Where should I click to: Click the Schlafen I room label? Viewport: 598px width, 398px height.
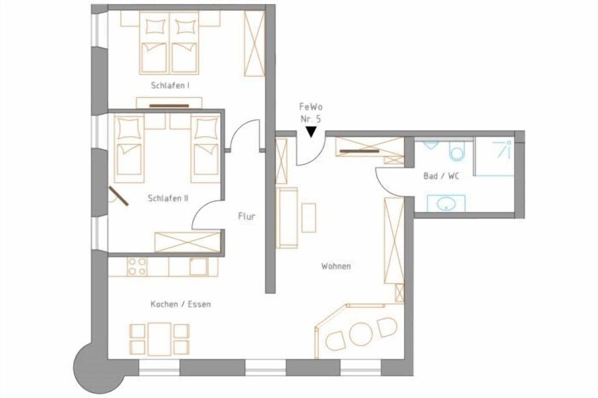pos(169,85)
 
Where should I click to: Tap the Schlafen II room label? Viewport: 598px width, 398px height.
pos(168,198)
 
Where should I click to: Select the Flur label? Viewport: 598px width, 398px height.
pos(247,216)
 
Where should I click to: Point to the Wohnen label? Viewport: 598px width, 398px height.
pos(336,266)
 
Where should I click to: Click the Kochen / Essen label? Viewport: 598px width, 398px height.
pos(181,304)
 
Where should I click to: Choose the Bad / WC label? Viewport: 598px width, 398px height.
pos(441,176)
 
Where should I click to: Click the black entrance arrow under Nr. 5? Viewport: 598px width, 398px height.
pos(311,131)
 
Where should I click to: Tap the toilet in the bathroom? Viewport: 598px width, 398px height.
pos(457,150)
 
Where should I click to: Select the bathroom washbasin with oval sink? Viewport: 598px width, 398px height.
pos(445,203)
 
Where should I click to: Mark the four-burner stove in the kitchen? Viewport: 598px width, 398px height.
pos(137,266)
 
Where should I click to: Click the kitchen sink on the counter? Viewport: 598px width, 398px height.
pos(199,266)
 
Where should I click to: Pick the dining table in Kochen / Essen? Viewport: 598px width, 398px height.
pos(159,338)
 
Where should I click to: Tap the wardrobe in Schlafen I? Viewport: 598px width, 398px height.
pos(254,42)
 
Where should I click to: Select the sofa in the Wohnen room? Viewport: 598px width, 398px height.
pos(287,217)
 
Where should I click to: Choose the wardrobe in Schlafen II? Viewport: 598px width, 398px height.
pos(187,241)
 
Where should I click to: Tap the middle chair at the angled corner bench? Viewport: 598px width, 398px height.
pos(361,334)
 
